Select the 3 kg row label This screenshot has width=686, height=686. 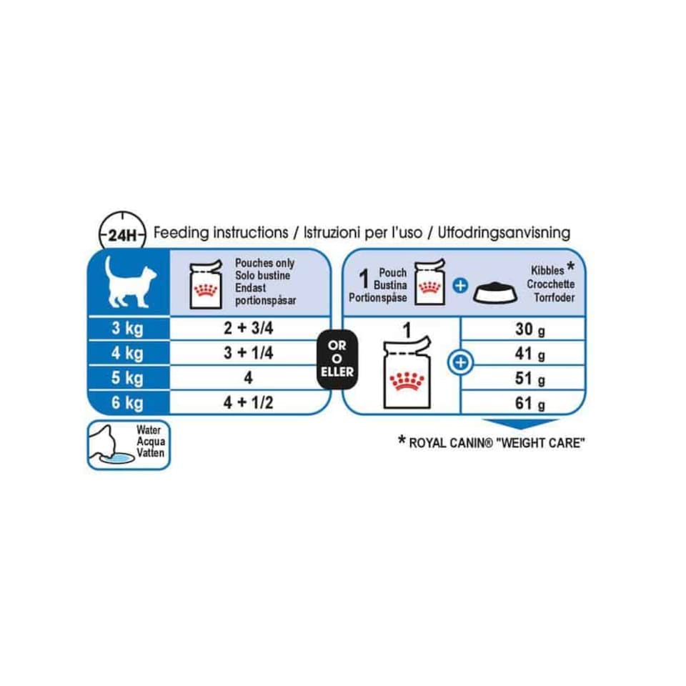point(128,329)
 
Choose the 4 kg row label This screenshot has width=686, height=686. point(128,353)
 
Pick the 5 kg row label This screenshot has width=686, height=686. point(128,378)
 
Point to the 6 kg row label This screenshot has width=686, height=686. point(128,403)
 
